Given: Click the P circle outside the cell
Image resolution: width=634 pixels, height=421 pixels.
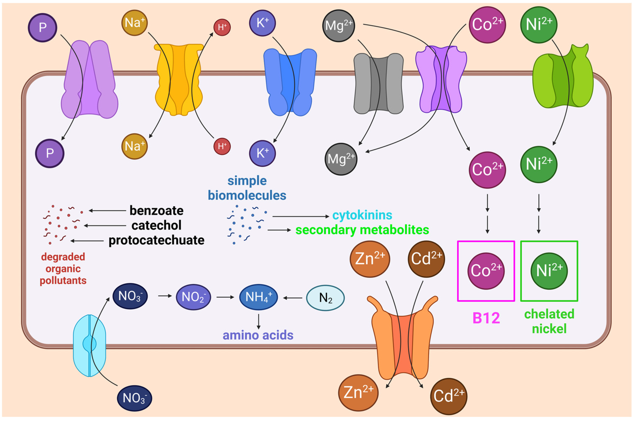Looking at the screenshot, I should point(42,28).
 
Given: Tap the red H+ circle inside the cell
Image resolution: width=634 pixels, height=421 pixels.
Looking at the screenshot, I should point(222,146).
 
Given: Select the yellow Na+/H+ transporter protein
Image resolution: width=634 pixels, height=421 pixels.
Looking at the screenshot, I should point(179,80).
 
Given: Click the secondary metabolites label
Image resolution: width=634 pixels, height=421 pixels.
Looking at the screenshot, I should point(362,230).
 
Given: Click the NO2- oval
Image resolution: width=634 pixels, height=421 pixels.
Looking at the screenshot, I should point(193,297).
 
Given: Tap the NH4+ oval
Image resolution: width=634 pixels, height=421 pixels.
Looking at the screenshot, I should point(258,297).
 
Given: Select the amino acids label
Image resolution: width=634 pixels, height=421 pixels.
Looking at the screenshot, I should point(258,335).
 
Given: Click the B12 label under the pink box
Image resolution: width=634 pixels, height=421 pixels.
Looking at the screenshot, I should point(486,318).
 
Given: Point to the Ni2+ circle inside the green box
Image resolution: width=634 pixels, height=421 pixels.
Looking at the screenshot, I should point(549,271).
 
